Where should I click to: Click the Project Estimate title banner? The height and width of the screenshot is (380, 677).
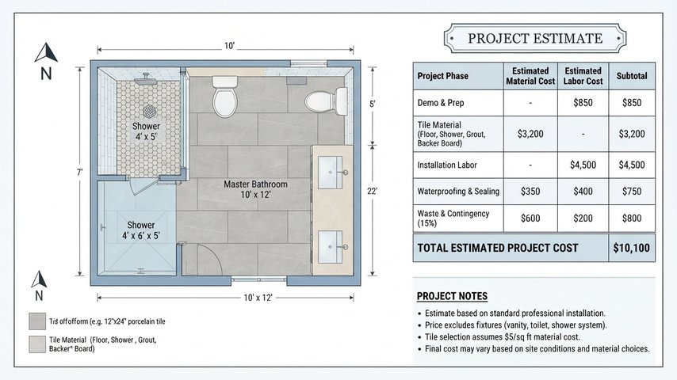pos(535,38)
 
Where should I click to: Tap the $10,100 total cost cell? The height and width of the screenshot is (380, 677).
pos(631,248)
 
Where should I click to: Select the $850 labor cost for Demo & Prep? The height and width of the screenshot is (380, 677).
pos(583,103)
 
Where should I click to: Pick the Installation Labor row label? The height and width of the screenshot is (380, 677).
pos(447,165)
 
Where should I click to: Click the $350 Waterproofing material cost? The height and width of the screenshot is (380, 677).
pos(530,191)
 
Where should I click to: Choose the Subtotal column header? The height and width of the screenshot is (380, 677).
pos(632,76)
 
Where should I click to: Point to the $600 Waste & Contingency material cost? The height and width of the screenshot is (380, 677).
pos(530,218)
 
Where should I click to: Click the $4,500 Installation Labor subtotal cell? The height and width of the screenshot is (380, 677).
pos(632,165)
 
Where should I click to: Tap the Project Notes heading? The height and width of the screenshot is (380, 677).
pos(452,296)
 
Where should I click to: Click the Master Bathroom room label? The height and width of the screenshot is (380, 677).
pos(255,189)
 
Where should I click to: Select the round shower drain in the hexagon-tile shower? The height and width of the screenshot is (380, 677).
pos(149,112)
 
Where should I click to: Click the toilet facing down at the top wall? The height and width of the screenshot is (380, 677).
pos(224,97)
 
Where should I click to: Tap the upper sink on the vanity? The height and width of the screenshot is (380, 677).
pos(331,173)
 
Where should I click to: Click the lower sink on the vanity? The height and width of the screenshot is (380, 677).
pos(331,247)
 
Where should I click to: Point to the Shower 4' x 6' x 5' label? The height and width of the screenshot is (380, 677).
pos(141,230)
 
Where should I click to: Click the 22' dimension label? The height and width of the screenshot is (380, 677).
pos(372,191)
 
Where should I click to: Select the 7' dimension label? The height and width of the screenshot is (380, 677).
pos(79,173)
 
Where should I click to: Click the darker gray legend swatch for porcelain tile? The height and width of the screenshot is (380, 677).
pos(37,321)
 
